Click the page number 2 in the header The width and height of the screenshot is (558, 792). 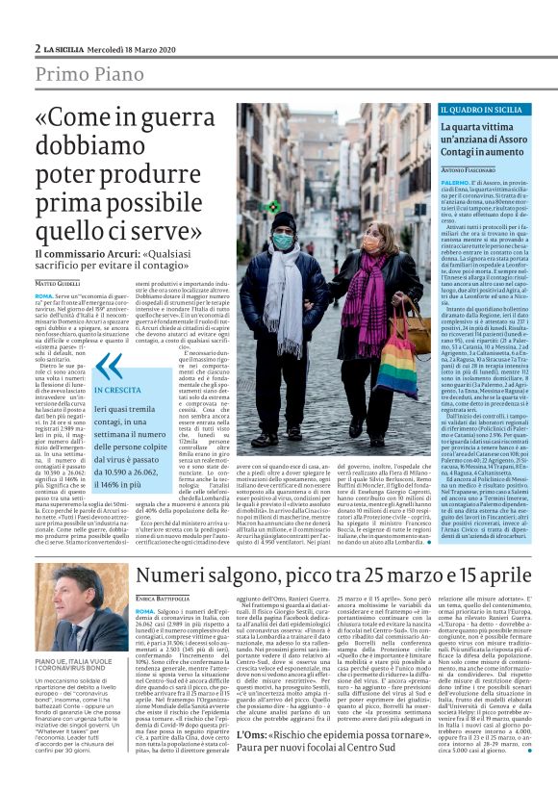37,46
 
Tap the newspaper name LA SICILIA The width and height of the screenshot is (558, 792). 68,46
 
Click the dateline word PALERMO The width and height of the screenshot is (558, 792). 428,180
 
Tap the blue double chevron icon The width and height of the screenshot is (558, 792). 109,367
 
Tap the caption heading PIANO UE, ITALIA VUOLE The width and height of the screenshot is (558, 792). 73,663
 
